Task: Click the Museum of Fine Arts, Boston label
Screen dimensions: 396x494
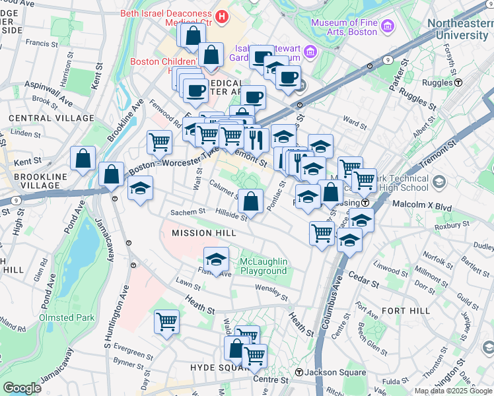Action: click(x=345, y=27)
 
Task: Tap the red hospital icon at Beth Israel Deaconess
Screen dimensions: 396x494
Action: click(x=222, y=15)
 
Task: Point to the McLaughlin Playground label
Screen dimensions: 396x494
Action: click(x=264, y=266)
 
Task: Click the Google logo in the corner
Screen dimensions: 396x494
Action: click(x=22, y=387)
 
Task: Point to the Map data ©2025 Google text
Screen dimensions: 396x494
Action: click(x=454, y=391)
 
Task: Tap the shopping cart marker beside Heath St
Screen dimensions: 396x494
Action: click(x=166, y=322)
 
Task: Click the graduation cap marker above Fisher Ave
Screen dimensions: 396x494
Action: click(x=216, y=259)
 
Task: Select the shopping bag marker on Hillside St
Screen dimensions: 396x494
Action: click(x=251, y=201)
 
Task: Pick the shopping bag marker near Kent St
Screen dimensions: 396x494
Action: click(x=83, y=158)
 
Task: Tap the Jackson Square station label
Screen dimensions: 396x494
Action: click(x=335, y=373)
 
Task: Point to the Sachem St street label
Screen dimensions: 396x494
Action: click(x=184, y=213)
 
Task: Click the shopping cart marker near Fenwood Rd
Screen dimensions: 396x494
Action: click(x=159, y=142)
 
